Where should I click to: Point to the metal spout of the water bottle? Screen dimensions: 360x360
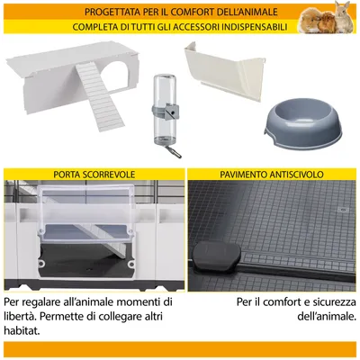pos(163,150)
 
